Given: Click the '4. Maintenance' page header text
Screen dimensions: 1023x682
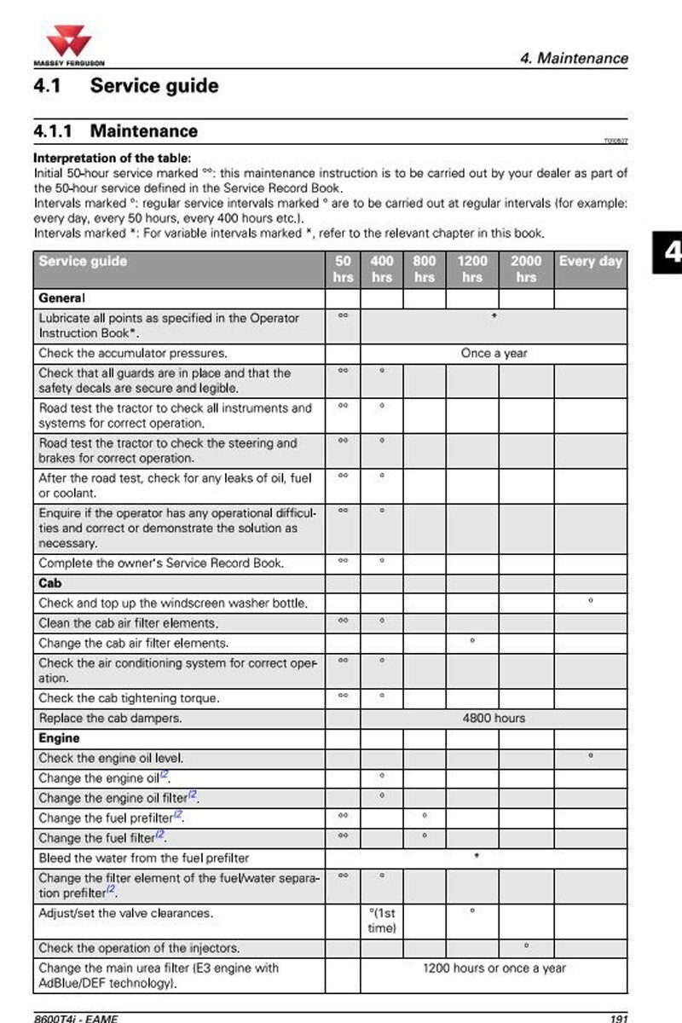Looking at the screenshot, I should click(x=574, y=59).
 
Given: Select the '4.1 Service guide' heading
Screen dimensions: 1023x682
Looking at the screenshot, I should click(x=125, y=86).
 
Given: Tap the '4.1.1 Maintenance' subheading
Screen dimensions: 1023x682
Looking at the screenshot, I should click(x=115, y=131).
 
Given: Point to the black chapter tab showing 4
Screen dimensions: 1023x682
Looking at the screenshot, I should click(x=670, y=252).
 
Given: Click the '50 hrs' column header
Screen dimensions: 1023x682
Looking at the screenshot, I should click(x=343, y=269).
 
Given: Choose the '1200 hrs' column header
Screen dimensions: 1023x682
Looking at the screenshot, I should click(x=472, y=269).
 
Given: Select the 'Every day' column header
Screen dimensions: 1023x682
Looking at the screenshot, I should click(x=590, y=262).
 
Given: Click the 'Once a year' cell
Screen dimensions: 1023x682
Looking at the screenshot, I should click(x=494, y=353).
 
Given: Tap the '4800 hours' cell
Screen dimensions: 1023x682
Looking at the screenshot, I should click(x=494, y=718).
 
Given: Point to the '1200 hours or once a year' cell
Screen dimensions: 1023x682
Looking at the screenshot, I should click(x=494, y=968).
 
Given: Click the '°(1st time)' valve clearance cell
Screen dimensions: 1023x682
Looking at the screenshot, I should click(x=381, y=921).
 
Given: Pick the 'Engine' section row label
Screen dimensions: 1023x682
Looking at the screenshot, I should click(x=59, y=738).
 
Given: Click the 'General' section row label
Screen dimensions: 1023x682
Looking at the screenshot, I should click(x=61, y=298).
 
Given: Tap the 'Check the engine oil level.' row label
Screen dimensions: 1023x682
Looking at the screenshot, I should click(x=111, y=758).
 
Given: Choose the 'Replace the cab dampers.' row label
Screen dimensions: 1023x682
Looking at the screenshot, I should click(x=110, y=718).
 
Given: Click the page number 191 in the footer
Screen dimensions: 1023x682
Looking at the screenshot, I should click(x=618, y=1018).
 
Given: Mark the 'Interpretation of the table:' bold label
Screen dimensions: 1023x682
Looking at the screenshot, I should click(x=113, y=159).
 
